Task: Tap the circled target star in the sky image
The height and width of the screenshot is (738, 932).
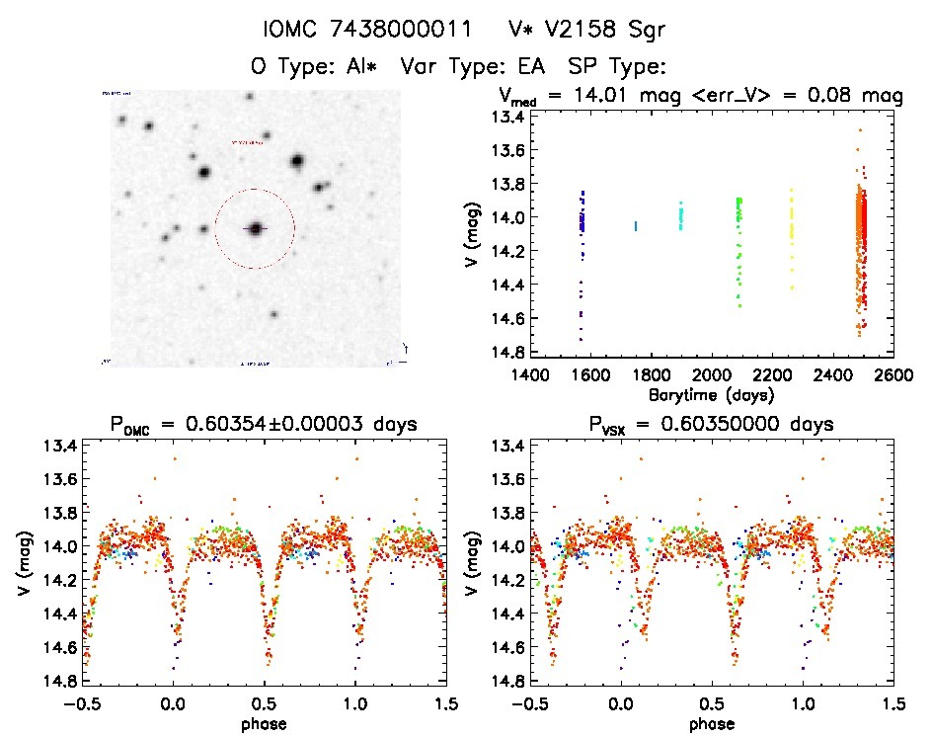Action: (256, 228)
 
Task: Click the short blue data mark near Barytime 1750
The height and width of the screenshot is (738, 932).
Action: (636, 226)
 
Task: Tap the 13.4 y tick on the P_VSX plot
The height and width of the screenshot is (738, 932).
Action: (506, 446)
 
